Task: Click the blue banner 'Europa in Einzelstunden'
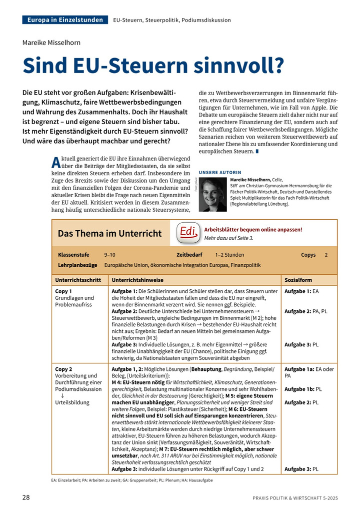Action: (65, 20)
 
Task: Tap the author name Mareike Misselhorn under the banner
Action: (51, 43)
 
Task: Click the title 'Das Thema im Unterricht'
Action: (110, 233)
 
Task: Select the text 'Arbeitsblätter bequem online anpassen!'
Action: (253, 229)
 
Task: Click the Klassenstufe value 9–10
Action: (109, 255)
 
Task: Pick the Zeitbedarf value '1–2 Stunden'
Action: (230, 255)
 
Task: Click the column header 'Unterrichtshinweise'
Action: (137, 280)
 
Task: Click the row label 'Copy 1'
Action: (63, 291)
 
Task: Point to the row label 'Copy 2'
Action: (63, 369)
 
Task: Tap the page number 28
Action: (26, 497)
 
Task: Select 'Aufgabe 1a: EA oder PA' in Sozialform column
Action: (308, 372)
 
